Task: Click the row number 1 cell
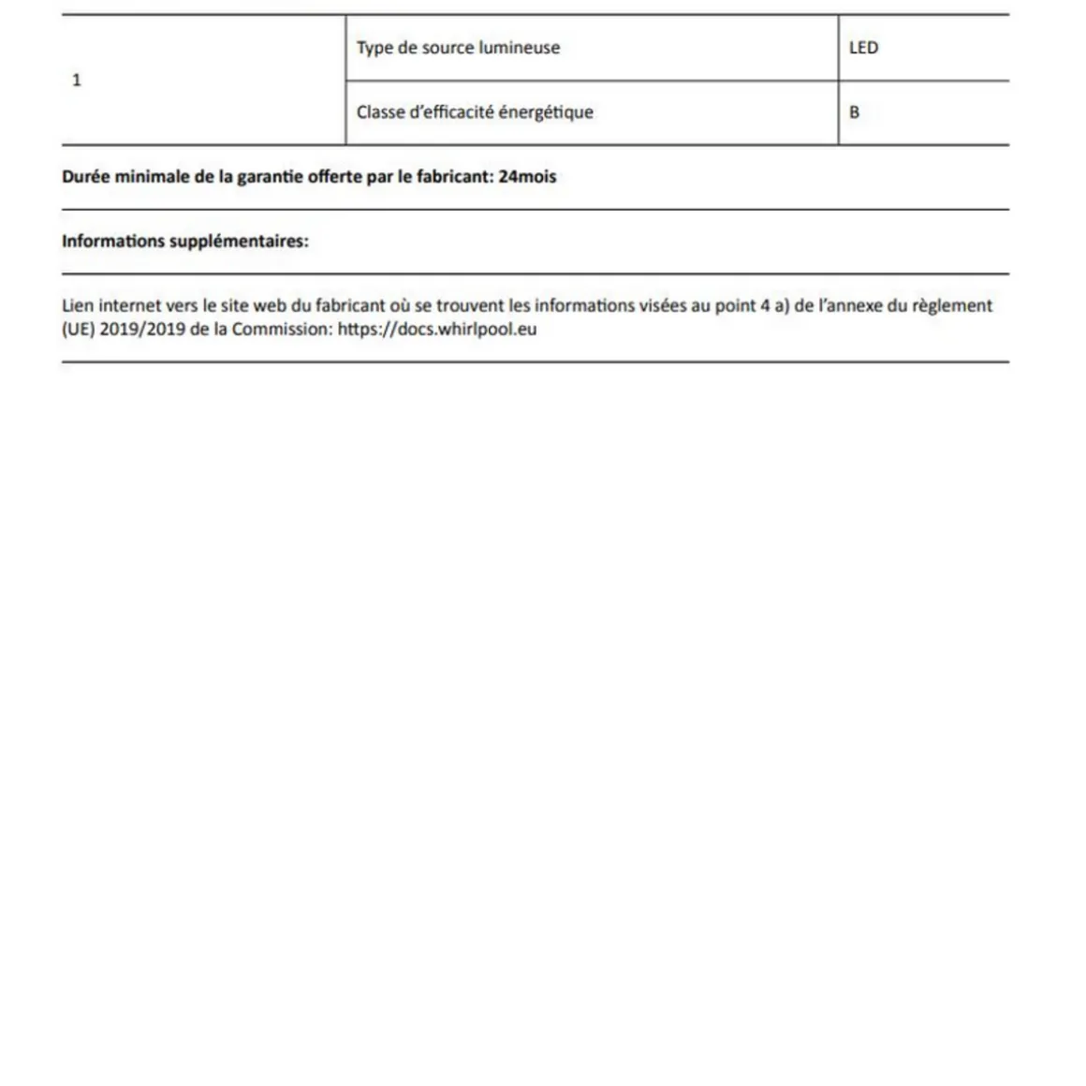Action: [77, 81]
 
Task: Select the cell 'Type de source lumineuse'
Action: [458, 48]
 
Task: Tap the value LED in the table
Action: [863, 48]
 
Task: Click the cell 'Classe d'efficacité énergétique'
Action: [475, 112]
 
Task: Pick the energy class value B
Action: [854, 112]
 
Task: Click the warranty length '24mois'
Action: [527, 177]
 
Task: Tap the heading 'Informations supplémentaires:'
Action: [185, 242]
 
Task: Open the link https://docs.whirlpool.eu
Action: [437, 330]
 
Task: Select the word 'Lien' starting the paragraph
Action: [78, 305]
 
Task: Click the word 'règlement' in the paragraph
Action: [953, 305]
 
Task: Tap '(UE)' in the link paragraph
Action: [78, 330]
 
